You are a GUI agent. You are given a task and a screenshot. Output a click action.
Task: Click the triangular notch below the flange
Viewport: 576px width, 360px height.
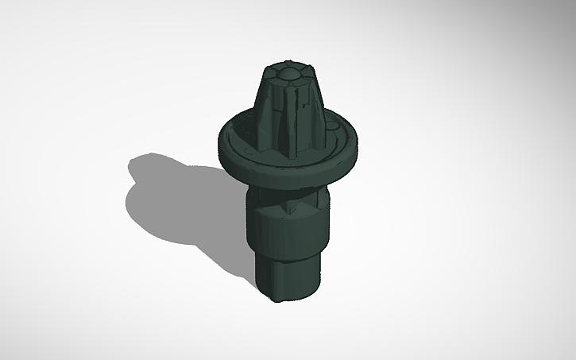coord(288,205)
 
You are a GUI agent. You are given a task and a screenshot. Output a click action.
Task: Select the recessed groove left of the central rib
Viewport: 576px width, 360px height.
coord(278,119)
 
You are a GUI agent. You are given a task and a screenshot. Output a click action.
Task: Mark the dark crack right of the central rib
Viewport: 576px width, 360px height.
coord(300,111)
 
